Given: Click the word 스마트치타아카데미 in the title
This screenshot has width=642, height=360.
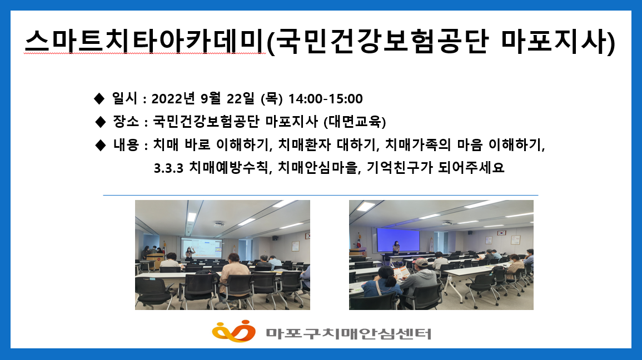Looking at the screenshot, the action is click(x=145, y=41).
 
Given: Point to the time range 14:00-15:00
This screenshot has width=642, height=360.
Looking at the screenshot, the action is click(x=326, y=99).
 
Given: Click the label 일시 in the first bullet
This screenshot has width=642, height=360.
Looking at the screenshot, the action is click(x=125, y=98).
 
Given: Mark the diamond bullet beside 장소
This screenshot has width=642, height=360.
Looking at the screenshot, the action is click(x=100, y=122).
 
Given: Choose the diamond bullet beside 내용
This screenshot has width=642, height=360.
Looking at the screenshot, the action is click(x=100, y=145).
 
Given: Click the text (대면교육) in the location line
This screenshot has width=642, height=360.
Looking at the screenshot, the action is click(x=355, y=122).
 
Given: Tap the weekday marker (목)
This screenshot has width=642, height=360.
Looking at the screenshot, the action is click(x=271, y=98).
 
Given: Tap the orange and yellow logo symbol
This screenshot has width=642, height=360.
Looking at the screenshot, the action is click(x=233, y=331).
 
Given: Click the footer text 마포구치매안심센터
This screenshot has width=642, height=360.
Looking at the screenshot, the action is click(x=349, y=333).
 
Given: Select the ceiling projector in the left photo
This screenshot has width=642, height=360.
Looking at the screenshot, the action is click(x=219, y=224).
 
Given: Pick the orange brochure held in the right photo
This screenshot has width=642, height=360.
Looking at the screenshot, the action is click(x=402, y=272).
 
